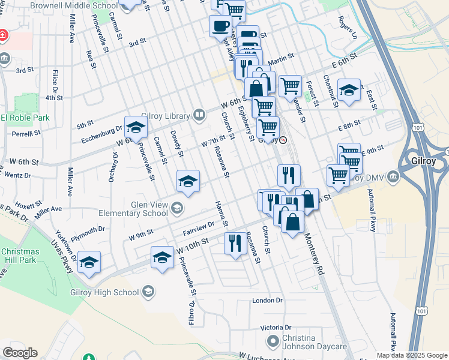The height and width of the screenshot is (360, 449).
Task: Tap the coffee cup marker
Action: (220, 26)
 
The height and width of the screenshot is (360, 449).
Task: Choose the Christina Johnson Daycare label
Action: (315, 342)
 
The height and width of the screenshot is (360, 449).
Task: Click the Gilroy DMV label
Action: (369, 177)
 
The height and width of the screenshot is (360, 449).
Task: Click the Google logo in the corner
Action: (20, 353)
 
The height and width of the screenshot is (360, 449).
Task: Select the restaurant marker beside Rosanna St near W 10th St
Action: (235, 243)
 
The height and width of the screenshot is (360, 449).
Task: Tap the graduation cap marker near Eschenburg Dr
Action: (136, 127)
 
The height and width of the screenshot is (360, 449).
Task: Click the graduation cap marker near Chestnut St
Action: (349, 90)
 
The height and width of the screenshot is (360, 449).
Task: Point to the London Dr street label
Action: (267, 300)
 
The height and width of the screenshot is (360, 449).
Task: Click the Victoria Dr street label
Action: (276, 328)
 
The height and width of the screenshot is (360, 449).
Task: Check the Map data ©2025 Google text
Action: (411, 355)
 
